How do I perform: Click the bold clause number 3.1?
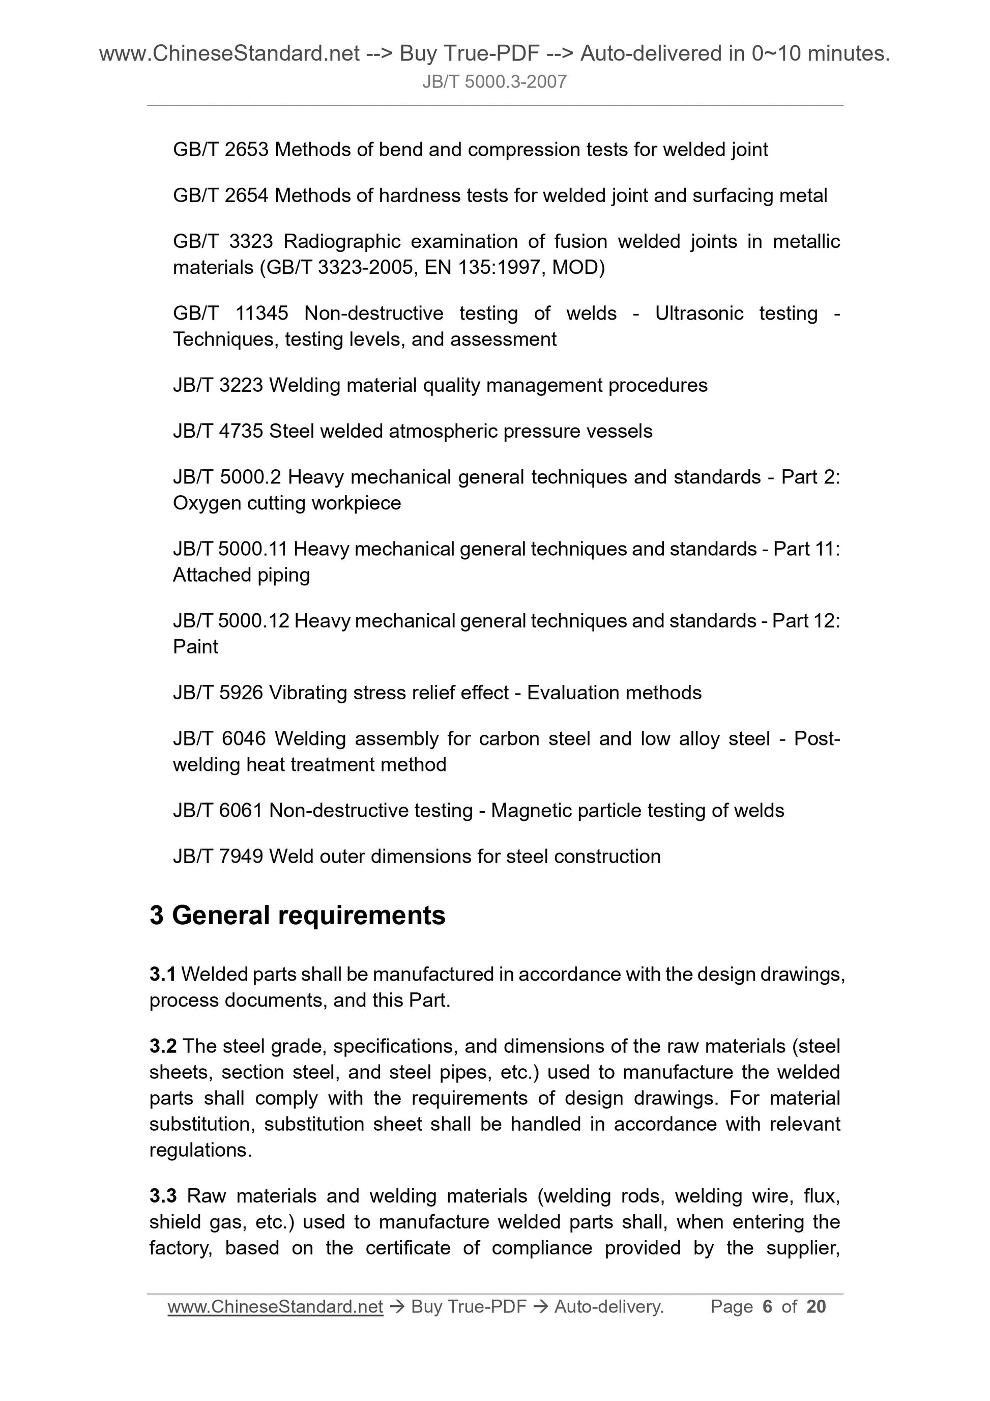click(162, 975)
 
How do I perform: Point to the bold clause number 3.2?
click(163, 1046)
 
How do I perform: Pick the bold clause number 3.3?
click(163, 1195)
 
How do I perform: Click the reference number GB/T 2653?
click(220, 150)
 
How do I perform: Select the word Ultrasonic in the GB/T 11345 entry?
click(699, 313)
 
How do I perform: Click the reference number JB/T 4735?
click(218, 432)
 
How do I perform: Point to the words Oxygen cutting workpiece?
click(287, 503)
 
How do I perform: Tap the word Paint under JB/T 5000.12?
click(195, 647)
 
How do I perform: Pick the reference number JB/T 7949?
click(218, 856)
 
